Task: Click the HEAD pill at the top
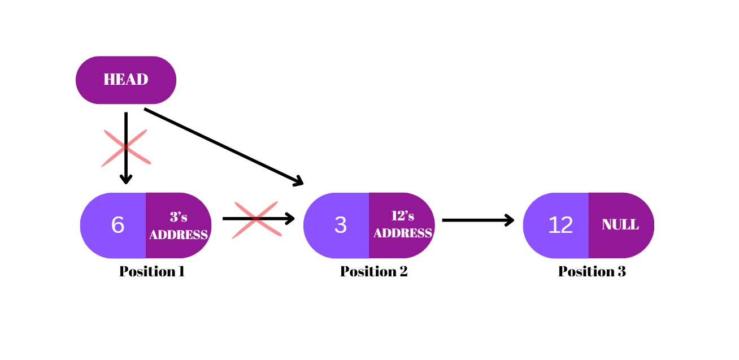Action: point(126,80)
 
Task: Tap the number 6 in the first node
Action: point(118,225)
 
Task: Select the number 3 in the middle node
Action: point(340,225)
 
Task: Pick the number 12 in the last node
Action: point(560,225)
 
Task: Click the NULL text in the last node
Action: point(620,225)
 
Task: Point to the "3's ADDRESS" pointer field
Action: point(179,226)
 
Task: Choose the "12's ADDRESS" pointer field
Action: point(402,225)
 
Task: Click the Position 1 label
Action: point(152,272)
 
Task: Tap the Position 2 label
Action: point(373,272)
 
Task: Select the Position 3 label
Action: point(592,272)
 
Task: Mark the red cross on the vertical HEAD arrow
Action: point(126,148)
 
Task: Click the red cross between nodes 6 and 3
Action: point(257,219)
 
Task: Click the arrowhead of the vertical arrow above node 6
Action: point(126,180)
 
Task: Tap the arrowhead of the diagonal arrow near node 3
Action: point(299,182)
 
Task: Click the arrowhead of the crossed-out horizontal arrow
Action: point(290,219)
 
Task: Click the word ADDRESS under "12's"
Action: point(403,233)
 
